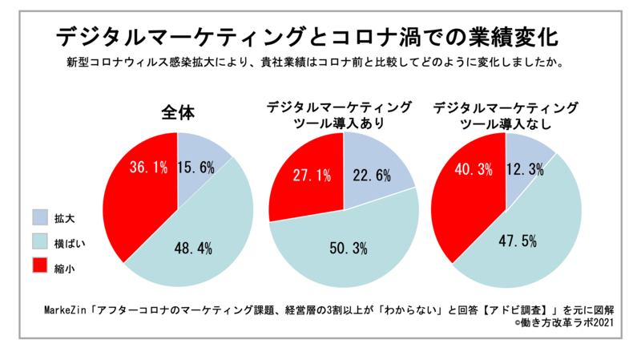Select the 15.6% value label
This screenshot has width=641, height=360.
click(x=195, y=166)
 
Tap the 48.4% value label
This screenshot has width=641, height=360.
click(x=193, y=249)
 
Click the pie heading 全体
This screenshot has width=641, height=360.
click(x=177, y=112)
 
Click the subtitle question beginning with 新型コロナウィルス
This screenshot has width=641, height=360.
click(x=319, y=62)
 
